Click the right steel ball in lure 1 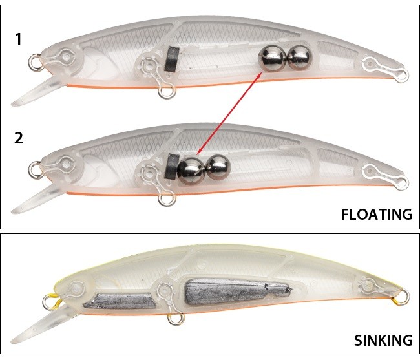298,58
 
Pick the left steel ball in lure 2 191,170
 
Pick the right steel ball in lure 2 218,167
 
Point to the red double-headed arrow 229,115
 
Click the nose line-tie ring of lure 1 35,63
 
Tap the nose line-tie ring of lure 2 35,170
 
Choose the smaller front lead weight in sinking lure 120,301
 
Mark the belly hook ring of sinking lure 174,319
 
